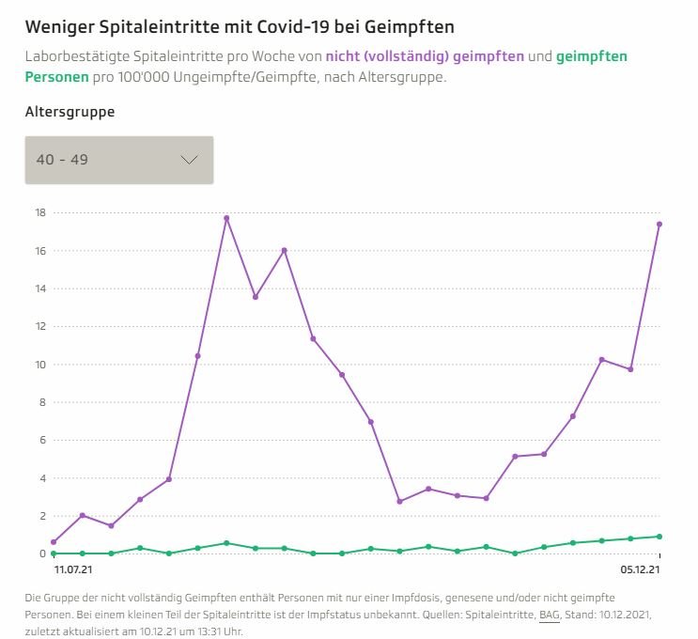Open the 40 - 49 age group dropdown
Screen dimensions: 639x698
(x=119, y=160)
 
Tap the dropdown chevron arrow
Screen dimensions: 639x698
(x=189, y=160)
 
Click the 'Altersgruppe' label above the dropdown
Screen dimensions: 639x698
(x=70, y=112)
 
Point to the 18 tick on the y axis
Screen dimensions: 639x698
(x=39, y=212)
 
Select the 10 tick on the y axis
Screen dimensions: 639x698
(x=39, y=365)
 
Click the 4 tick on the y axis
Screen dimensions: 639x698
(x=39, y=478)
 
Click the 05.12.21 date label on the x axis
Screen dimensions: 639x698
(x=641, y=569)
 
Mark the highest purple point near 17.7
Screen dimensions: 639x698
(x=226, y=218)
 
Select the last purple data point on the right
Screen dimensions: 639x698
(x=659, y=224)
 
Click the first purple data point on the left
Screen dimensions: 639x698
(x=54, y=542)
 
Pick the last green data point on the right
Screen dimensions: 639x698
(x=659, y=537)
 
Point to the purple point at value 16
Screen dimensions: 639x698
(x=284, y=250)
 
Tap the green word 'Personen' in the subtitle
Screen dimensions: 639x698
(x=57, y=76)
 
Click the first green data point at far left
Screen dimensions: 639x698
(x=54, y=553)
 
